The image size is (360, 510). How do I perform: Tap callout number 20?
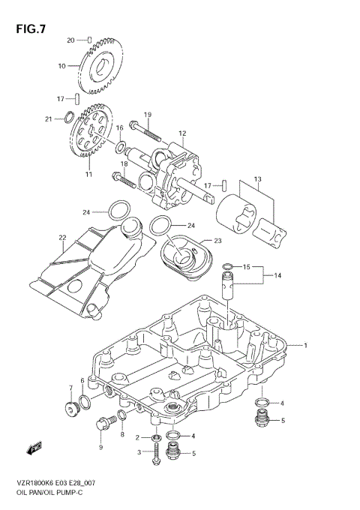pyautogui.click(x=71, y=40)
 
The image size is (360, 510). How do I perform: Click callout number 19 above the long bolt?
pyautogui.click(x=148, y=114)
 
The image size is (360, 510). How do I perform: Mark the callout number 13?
pyautogui.click(x=257, y=179)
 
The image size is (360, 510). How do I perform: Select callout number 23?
pyautogui.click(x=218, y=241)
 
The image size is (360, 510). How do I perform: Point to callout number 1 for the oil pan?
pyautogui.click(x=306, y=345)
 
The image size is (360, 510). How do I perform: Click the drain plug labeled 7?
pyautogui.click(x=72, y=409)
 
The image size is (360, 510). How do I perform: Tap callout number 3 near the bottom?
pyautogui.click(x=137, y=452)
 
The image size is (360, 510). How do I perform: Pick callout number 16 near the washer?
pyautogui.click(x=119, y=128)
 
